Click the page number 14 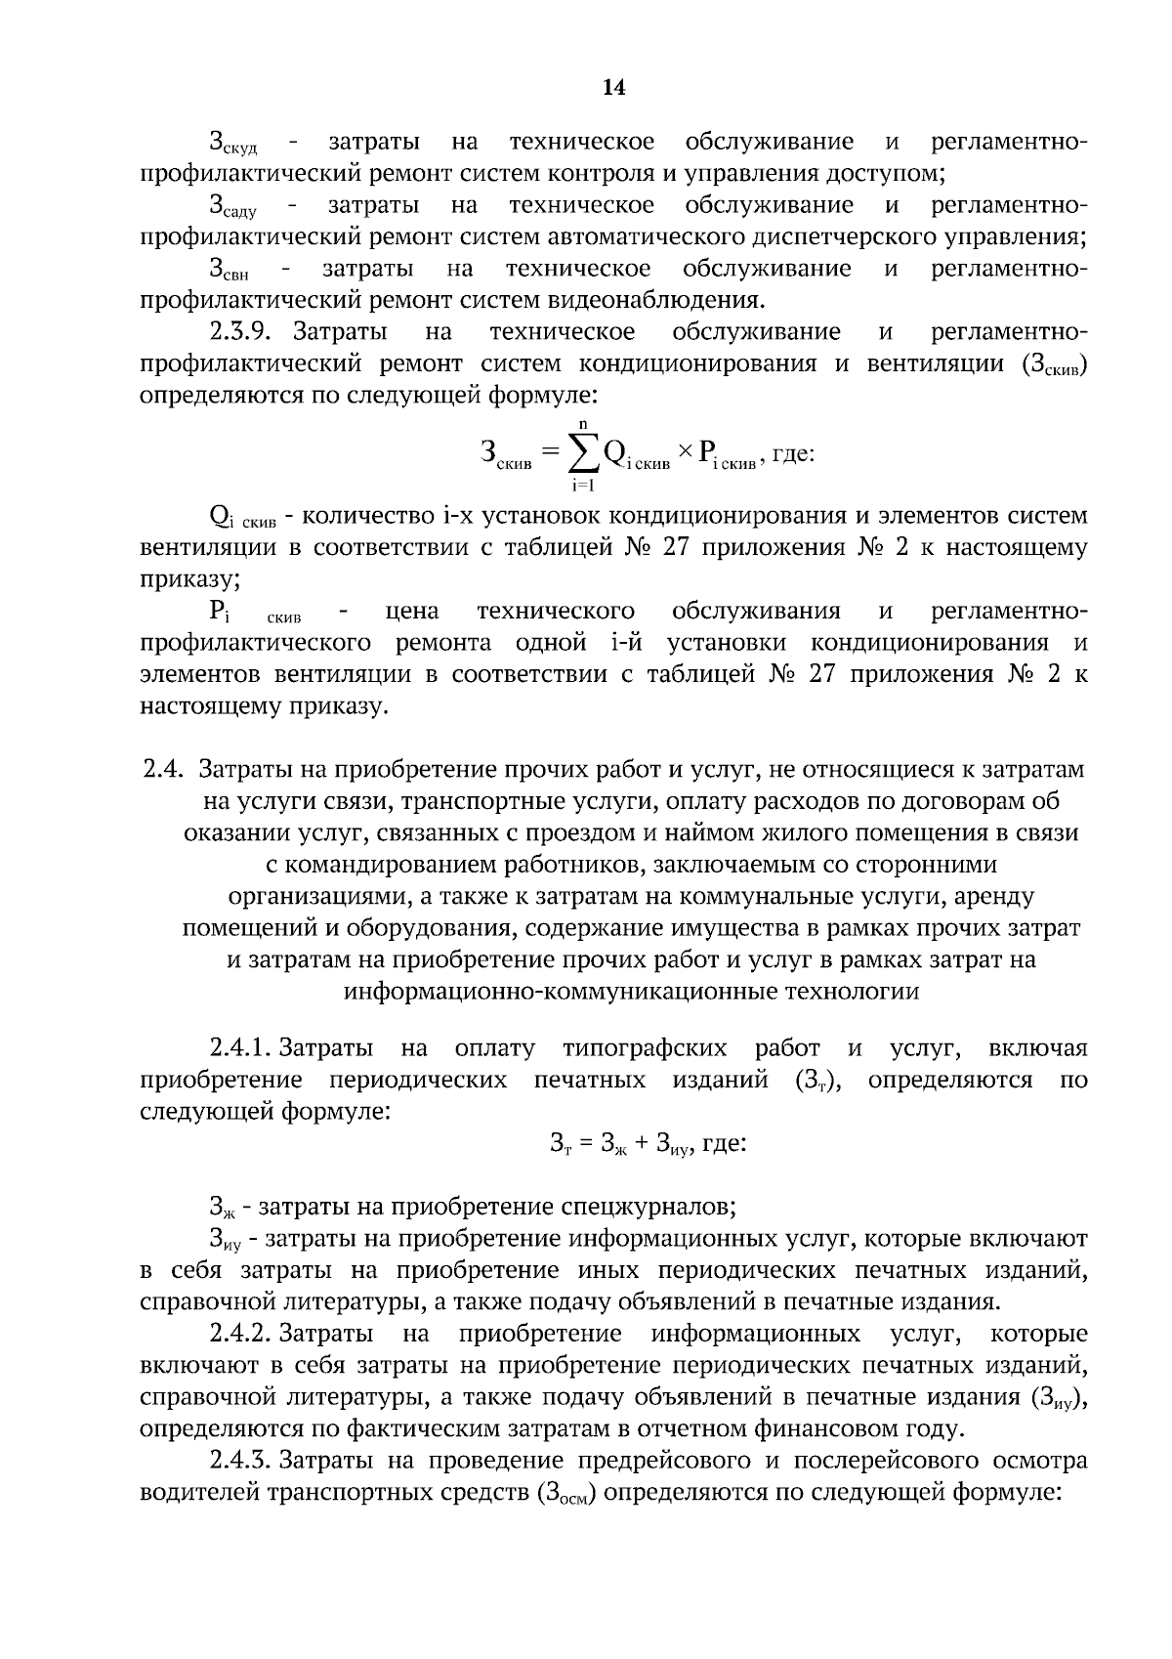(613, 88)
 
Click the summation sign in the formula (583, 451)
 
